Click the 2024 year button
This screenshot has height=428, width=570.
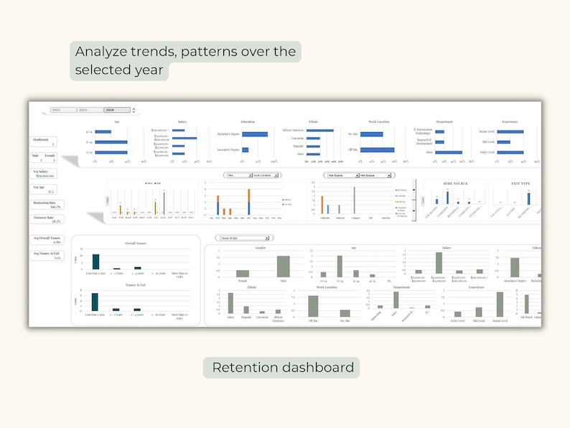tap(117, 110)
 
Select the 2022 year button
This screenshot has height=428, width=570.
tap(63, 110)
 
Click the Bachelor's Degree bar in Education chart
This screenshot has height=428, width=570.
tap(255, 134)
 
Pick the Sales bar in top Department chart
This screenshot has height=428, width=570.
tap(449, 152)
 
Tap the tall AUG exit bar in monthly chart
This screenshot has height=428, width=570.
tap(164, 203)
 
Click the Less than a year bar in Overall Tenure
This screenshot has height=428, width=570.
tap(95, 261)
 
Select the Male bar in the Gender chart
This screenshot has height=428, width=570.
tap(283, 266)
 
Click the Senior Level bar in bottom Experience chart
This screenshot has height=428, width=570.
tap(500, 304)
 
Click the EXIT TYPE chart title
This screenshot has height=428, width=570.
tap(520, 184)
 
